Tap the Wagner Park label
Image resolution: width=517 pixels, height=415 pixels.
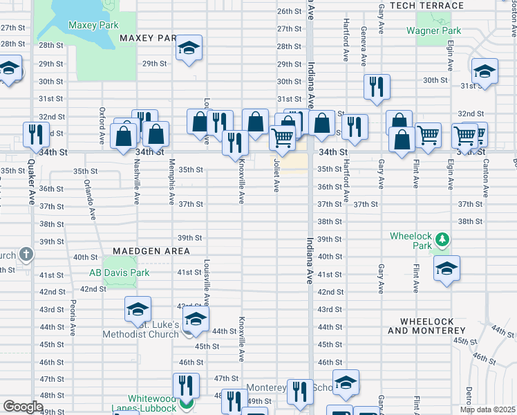[433, 30]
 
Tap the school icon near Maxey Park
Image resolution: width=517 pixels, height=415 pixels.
[189, 48]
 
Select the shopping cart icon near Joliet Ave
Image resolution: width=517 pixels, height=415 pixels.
[283, 138]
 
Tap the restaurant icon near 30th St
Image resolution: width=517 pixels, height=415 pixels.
[377, 86]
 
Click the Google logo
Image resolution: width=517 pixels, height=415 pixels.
[22, 407]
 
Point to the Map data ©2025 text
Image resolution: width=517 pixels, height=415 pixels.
[487, 409]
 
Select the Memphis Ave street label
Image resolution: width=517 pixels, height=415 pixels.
[171, 187]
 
